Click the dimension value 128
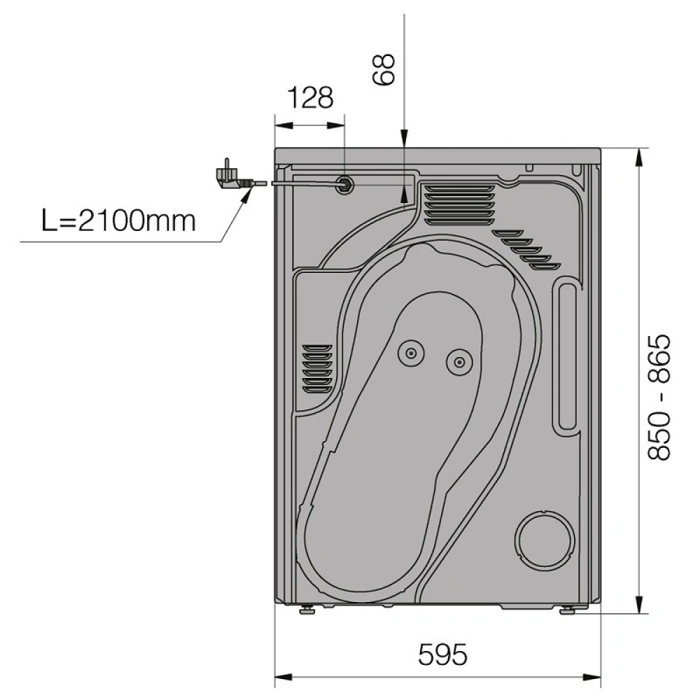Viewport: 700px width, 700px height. pos(310,98)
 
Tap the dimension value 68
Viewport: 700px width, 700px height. pos(384,69)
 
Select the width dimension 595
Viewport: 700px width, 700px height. pos(442,654)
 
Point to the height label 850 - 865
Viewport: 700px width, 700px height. pos(659,398)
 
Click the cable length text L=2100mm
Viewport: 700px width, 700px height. pos(119,220)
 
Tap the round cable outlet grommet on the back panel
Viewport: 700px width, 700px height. pos(344,183)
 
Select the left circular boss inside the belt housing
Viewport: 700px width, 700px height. pos(411,353)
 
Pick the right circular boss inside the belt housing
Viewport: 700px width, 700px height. pos(459,362)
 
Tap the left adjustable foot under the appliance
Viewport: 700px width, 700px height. pos(307,609)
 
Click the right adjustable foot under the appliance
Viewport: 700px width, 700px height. pos(568,610)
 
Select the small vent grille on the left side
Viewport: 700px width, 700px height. pos(317,369)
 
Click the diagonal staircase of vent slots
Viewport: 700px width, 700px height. pos(527,250)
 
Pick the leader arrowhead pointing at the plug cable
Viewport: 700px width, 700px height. pos(246,193)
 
